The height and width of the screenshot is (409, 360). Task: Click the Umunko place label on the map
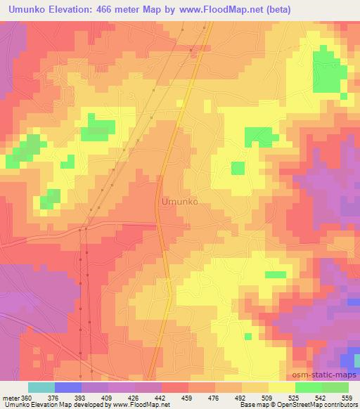179,201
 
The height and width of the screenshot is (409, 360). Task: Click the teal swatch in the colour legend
41,387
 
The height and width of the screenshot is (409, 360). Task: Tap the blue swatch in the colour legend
67,387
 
